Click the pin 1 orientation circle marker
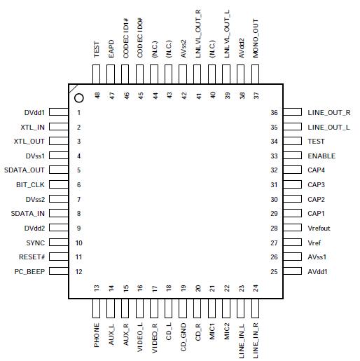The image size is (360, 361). pos(79,99)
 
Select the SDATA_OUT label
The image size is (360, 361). pos(26,170)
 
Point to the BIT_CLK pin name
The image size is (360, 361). pos(30,185)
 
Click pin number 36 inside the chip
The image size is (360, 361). pos(275,113)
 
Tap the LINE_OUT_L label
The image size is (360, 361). pos(328,127)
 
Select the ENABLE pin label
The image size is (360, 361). pos(321,156)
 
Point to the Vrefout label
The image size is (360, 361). pos(319,229)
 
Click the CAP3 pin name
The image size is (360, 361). pos(317,185)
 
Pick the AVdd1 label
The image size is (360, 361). pos(317,272)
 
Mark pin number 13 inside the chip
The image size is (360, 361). pos(97,287)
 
